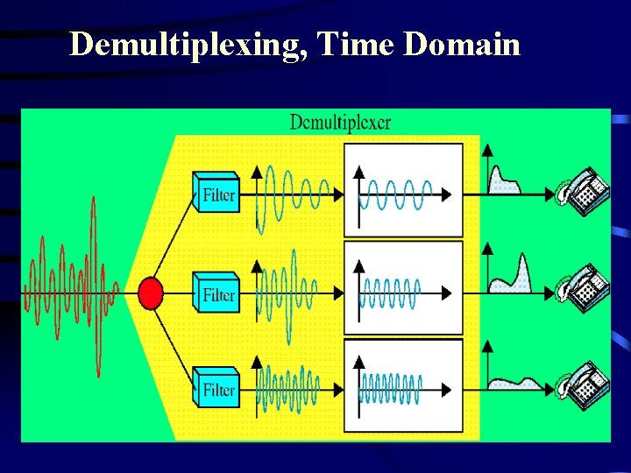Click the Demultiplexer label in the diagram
[340, 122]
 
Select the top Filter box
[216, 193]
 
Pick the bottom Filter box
[216, 387]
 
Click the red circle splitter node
[151, 292]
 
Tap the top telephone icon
[584, 190]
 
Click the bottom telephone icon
[584, 383]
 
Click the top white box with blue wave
[403, 190]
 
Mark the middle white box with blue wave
[403, 288]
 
